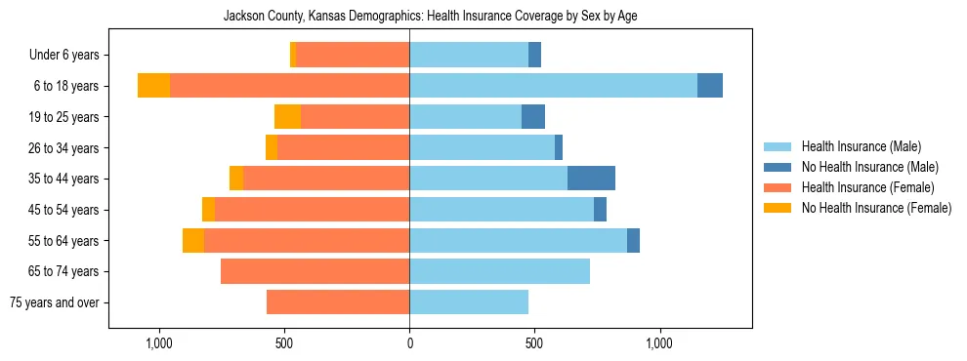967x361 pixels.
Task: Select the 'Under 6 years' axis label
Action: pyautogui.click(x=63, y=56)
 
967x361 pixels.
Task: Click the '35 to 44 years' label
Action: pyautogui.click(x=64, y=179)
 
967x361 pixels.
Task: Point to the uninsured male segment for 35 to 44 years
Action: pyautogui.click(x=591, y=179)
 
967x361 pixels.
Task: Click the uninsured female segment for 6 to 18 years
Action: pyautogui.click(x=153, y=86)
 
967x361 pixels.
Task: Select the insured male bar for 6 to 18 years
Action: pyautogui.click(x=553, y=86)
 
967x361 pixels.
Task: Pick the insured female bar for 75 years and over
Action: pyautogui.click(x=338, y=302)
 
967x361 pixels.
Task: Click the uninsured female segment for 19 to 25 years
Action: pyautogui.click(x=287, y=117)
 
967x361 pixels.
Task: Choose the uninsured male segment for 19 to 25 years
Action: pyautogui.click(x=533, y=117)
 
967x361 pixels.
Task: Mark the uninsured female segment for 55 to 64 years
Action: pyautogui.click(x=193, y=241)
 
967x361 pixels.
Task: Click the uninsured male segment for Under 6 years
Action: pyautogui.click(x=534, y=56)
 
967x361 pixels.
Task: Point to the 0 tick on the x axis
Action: pyautogui.click(x=409, y=343)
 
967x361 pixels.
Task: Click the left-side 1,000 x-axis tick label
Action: pyautogui.click(x=158, y=343)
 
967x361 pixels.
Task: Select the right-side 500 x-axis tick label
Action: pyautogui.click(x=534, y=343)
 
